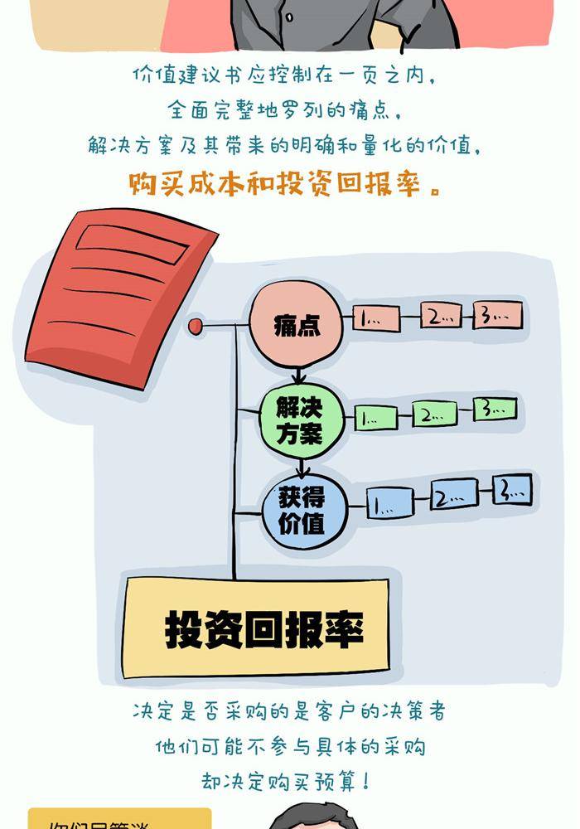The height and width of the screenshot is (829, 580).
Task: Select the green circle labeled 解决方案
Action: (299, 419)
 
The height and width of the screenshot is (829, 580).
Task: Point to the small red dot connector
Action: (196, 327)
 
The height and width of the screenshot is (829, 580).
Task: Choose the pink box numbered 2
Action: (441, 315)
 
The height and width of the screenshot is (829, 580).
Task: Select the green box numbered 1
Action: (377, 417)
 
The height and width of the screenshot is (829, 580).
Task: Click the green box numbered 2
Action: (434, 414)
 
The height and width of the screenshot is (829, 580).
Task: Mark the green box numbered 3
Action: (495, 408)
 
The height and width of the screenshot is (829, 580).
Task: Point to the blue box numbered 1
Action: (390, 503)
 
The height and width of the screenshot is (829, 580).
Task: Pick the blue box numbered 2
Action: (454, 497)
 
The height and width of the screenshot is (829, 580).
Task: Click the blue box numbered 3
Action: (511, 490)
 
